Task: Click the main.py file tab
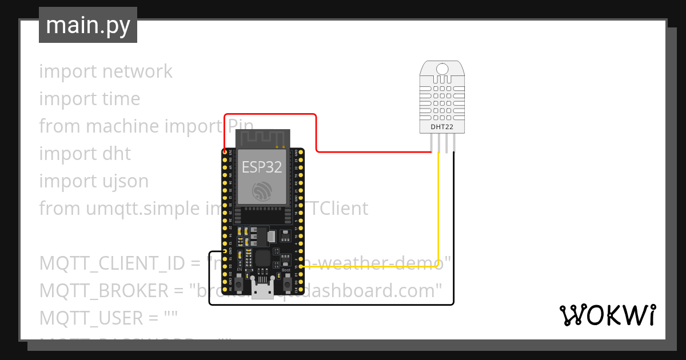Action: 87,25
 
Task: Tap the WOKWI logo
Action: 608,315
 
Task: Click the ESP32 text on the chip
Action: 261,167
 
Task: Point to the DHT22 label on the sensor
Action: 441,126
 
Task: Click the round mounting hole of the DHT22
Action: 442,69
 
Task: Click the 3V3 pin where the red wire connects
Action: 225,153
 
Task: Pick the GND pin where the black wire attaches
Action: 225,251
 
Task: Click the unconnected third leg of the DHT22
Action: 447,144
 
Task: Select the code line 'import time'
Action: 89,99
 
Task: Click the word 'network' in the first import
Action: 137,71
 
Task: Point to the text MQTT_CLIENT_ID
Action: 112,263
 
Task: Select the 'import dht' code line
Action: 85,154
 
